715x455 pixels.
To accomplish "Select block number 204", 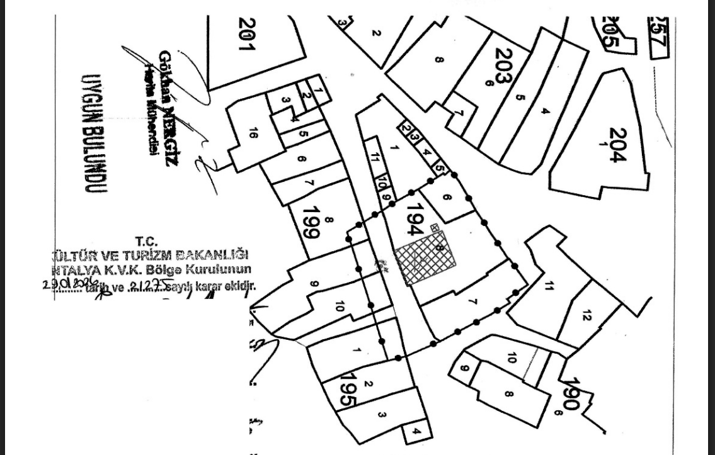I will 618,145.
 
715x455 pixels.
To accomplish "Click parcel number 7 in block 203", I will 459,113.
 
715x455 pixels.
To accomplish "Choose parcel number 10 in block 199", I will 340,306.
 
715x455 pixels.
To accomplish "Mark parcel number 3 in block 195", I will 382,414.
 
